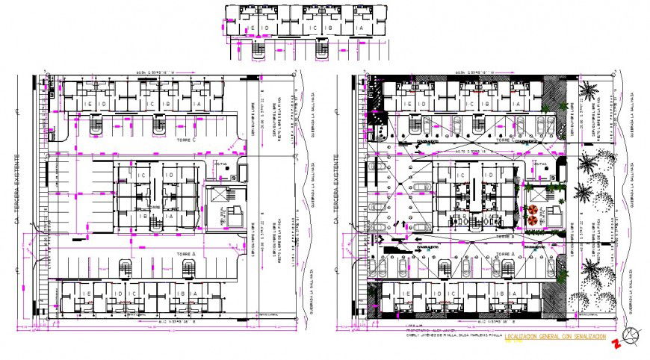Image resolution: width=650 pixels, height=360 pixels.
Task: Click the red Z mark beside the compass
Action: click(617, 344)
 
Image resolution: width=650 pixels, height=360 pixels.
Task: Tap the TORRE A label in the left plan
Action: click(185, 254)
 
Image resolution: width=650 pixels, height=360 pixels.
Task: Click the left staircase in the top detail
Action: click(259, 49)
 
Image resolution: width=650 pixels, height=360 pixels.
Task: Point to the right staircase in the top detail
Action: click(322, 49)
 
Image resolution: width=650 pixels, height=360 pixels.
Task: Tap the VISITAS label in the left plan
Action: click(221, 163)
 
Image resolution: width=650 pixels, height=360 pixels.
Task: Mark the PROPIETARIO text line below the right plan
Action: click(425, 330)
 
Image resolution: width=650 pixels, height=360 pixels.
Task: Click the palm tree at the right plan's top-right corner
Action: click(589, 93)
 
